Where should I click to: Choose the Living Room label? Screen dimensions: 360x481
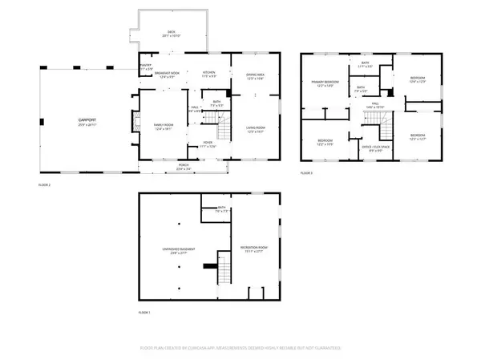click(x=255, y=131)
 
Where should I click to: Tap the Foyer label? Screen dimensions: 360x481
click(x=207, y=144)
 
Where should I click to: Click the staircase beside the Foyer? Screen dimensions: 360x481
click(x=210, y=121)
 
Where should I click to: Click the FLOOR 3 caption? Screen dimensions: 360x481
click(x=306, y=173)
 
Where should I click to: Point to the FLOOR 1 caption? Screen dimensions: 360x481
click(x=144, y=311)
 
